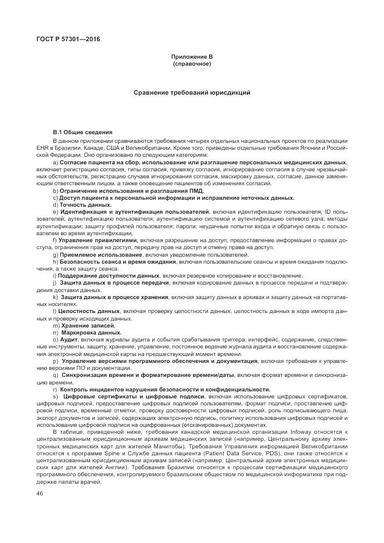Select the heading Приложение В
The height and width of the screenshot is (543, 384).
192,56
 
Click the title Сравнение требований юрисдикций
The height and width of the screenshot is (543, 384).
192,92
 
